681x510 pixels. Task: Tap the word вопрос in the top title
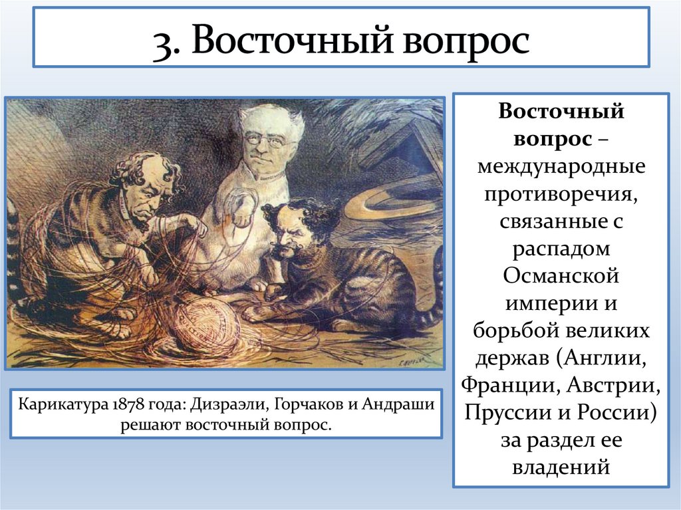tap(463, 41)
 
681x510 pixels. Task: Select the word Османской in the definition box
tap(561, 276)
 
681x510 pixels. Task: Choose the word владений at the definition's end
tap(561, 467)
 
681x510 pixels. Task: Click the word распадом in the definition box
tap(561, 248)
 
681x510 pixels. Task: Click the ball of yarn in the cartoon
tap(207, 326)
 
